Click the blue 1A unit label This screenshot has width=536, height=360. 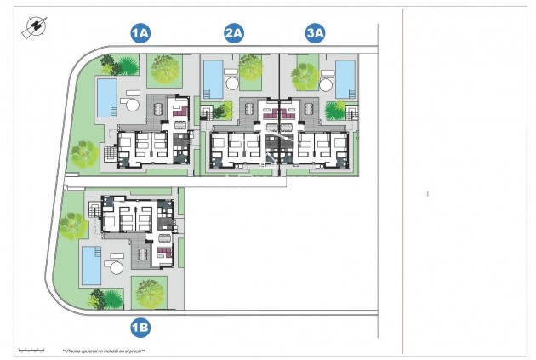140,33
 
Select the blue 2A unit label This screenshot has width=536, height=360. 234,33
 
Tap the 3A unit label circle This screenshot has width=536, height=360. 316,33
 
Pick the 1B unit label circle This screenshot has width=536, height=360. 140,326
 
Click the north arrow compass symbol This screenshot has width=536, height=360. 35,27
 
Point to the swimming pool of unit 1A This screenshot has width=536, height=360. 107,96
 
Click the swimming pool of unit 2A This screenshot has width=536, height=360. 213,77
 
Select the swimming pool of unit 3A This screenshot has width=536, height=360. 345,77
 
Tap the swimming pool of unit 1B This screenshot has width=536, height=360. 90,265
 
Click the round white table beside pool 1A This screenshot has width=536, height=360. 131,105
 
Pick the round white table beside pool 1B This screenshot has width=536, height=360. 114,268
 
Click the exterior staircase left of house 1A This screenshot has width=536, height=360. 108,154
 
